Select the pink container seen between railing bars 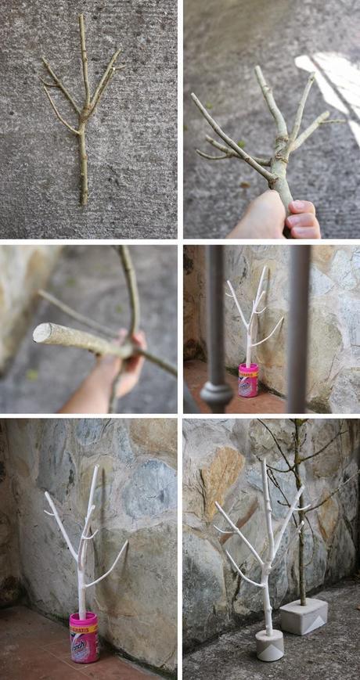(248, 381)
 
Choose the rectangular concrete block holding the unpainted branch (303, 616)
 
